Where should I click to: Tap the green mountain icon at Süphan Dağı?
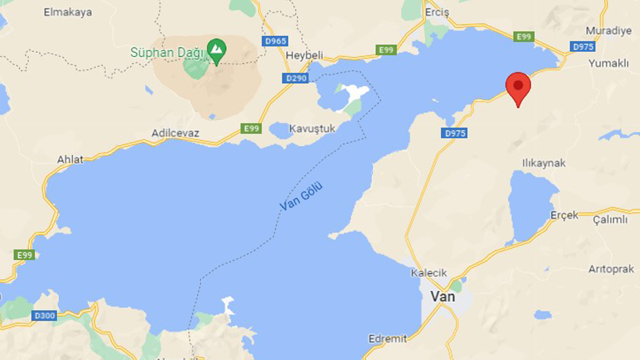[x=217, y=50]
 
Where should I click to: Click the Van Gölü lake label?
[x=302, y=197]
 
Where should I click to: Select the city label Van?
[x=443, y=297]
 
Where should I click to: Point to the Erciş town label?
[x=437, y=12]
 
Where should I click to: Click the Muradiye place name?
[x=609, y=30]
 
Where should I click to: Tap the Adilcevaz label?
[x=175, y=133]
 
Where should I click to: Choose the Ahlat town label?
[x=70, y=159]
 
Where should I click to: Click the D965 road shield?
[x=275, y=41]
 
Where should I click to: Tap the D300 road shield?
[x=44, y=316]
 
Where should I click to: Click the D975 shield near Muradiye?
[x=583, y=47]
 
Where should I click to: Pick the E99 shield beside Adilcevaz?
[x=251, y=128]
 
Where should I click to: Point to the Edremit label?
[x=387, y=339]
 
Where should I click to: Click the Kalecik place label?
[x=428, y=273]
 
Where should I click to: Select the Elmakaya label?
[x=68, y=12]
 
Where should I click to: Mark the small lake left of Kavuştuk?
[x=281, y=130]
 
